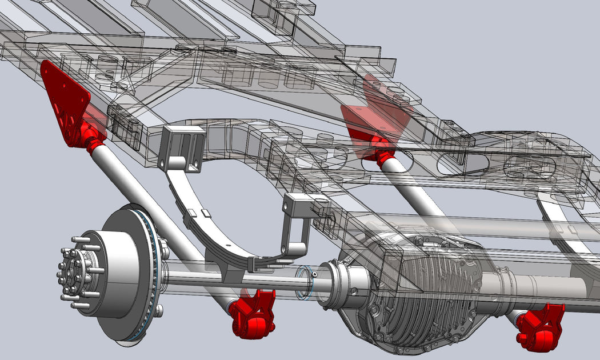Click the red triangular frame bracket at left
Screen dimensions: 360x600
65,97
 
